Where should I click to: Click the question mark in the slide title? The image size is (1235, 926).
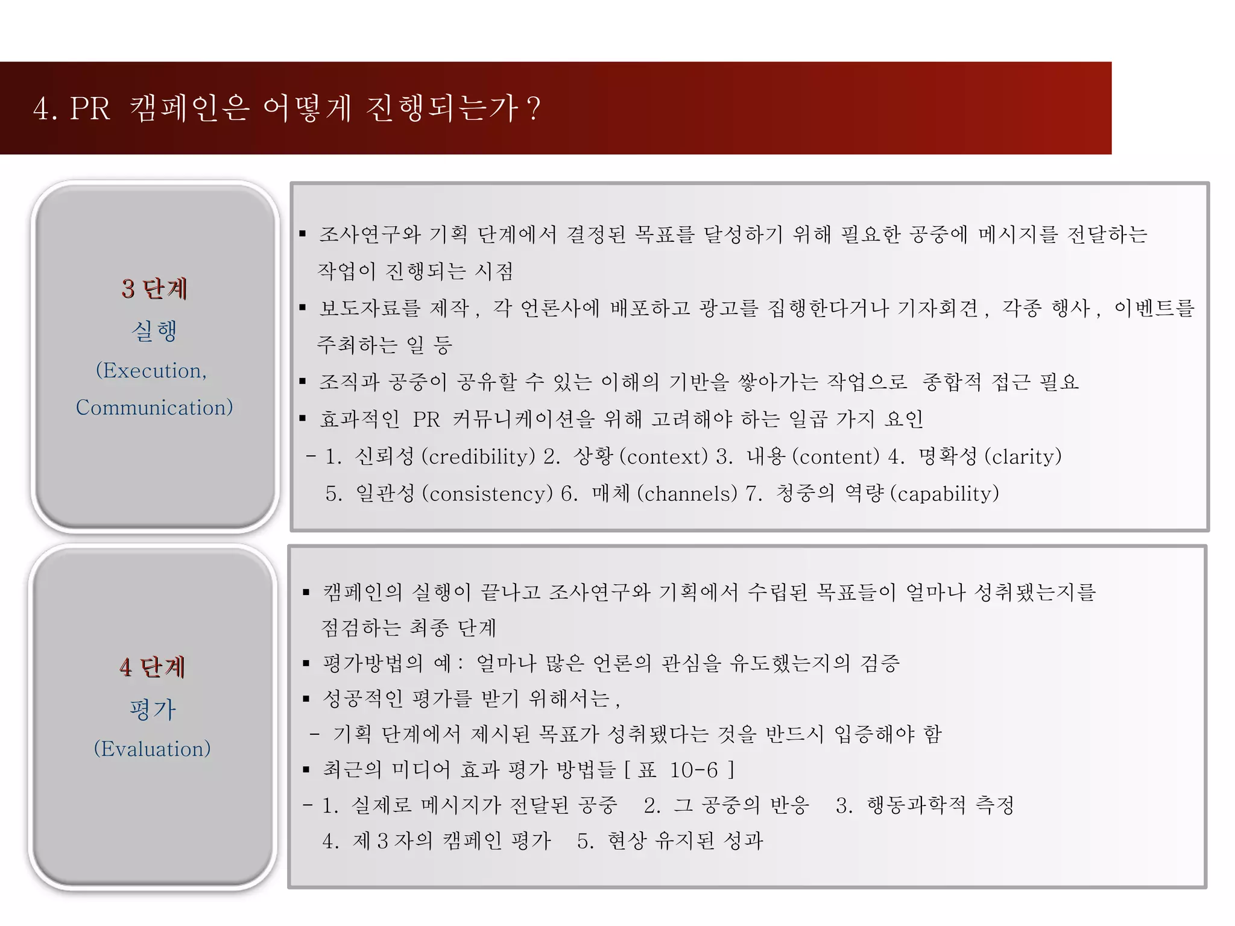point(533,109)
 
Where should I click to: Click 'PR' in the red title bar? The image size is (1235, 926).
point(90,109)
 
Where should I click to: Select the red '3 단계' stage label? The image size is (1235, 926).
point(154,289)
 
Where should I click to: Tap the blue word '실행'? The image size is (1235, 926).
point(154,330)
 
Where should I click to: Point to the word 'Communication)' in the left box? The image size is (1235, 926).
point(154,408)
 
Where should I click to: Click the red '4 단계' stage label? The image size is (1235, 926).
point(153,667)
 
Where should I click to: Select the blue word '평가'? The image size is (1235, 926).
point(153,709)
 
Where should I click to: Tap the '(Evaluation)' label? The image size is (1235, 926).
point(153,749)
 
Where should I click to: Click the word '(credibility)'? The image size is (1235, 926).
point(478,456)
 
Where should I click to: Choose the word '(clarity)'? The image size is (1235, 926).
point(1023,456)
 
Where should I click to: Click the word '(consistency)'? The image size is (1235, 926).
point(487,494)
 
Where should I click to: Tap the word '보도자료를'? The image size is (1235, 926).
point(370,308)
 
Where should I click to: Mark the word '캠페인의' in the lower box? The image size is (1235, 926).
point(362,592)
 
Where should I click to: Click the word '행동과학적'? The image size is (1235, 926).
point(916,805)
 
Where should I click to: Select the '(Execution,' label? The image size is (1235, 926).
point(151,370)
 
